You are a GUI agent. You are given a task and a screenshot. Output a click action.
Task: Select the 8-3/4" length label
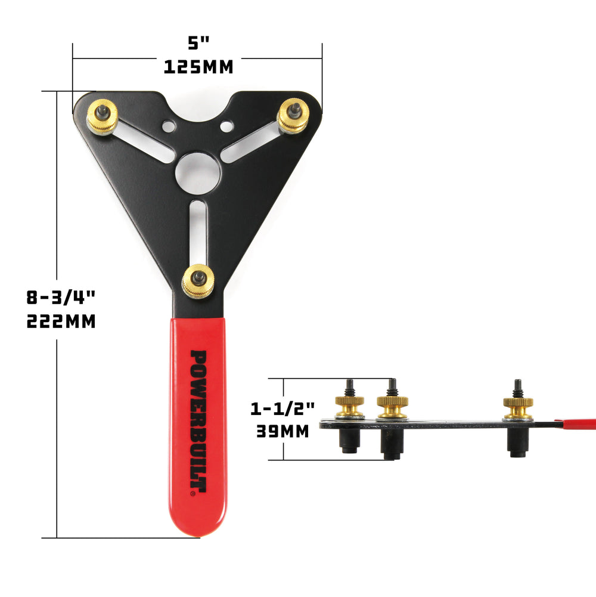(x=61, y=296)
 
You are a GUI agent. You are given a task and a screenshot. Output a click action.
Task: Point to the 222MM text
(x=61, y=321)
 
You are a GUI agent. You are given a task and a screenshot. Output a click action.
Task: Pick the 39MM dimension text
(x=283, y=431)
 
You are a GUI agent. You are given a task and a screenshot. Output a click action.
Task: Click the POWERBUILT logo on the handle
(x=198, y=422)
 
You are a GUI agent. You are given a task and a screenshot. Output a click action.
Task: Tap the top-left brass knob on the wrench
(x=103, y=116)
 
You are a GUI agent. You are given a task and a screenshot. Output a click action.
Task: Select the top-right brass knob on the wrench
(x=293, y=116)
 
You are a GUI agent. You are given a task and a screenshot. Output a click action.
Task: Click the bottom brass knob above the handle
(x=198, y=281)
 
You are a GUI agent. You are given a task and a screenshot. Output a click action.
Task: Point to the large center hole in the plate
(x=198, y=173)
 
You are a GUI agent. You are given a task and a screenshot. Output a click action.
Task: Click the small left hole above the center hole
(x=169, y=126)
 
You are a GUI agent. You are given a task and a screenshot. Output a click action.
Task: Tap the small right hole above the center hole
(x=226, y=126)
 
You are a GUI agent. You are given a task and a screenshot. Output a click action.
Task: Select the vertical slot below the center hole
(x=198, y=233)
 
